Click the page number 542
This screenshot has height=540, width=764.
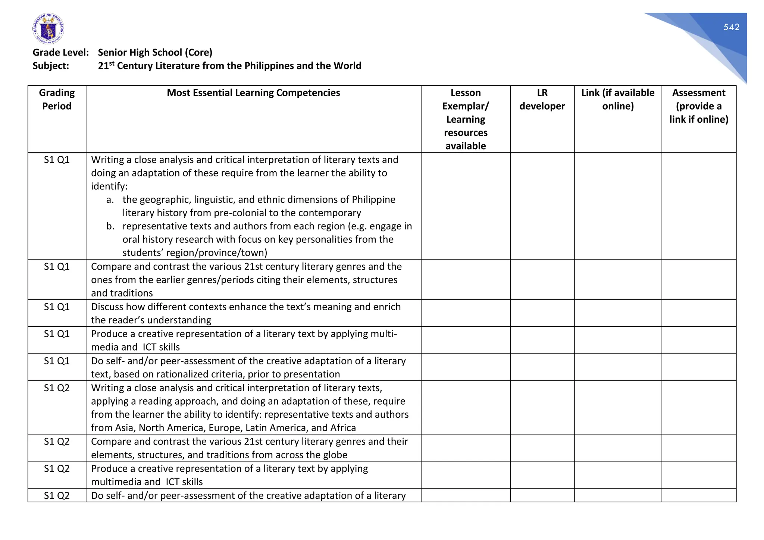pos(731,27)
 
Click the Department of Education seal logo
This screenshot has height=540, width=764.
pos(48,29)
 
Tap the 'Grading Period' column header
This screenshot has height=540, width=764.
pos(57,99)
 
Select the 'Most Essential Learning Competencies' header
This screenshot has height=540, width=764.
pos(253,93)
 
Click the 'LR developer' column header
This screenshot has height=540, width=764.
pos(542,99)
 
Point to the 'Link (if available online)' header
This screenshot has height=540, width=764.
pos(617,99)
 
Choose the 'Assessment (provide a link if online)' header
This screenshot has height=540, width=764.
pos(698,106)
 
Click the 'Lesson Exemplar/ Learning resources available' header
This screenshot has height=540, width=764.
pos(465,119)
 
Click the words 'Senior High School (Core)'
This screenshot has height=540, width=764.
pos(155,53)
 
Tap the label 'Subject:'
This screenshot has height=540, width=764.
pos(51,66)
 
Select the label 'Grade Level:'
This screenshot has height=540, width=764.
pos(60,53)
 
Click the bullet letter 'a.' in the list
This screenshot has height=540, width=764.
pos(110,200)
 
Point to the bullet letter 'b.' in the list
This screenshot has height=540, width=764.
pos(110,226)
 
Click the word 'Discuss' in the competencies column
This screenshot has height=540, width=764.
pos(107,307)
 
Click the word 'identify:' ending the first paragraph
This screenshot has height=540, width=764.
pos(109,186)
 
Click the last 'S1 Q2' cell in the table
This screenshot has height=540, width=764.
pos(57,496)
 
